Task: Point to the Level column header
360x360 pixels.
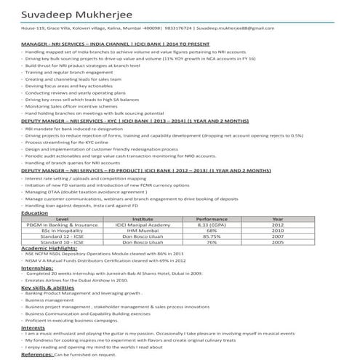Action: pyautogui.click(x=62, y=219)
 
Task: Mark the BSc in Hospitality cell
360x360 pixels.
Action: pyautogui.click(x=62, y=231)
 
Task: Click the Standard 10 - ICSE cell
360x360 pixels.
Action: pyautogui.click(x=62, y=242)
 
